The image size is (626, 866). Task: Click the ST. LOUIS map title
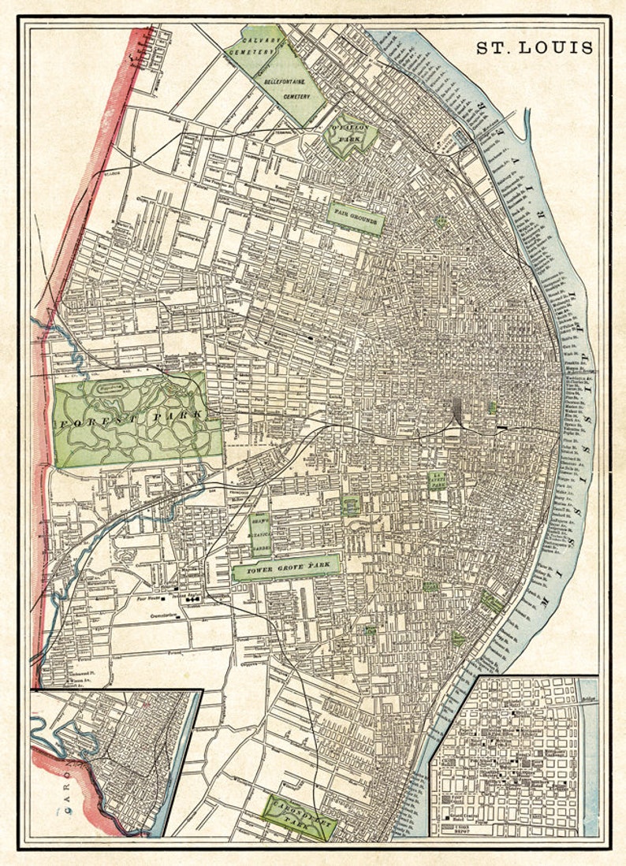(534, 47)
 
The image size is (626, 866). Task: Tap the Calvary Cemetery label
(251, 46)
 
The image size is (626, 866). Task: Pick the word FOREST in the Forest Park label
(95, 420)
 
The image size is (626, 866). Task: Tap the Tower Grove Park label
(286, 566)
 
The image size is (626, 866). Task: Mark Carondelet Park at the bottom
(299, 815)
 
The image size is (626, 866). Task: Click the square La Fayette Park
(437, 480)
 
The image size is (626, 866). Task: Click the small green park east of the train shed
(492, 407)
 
